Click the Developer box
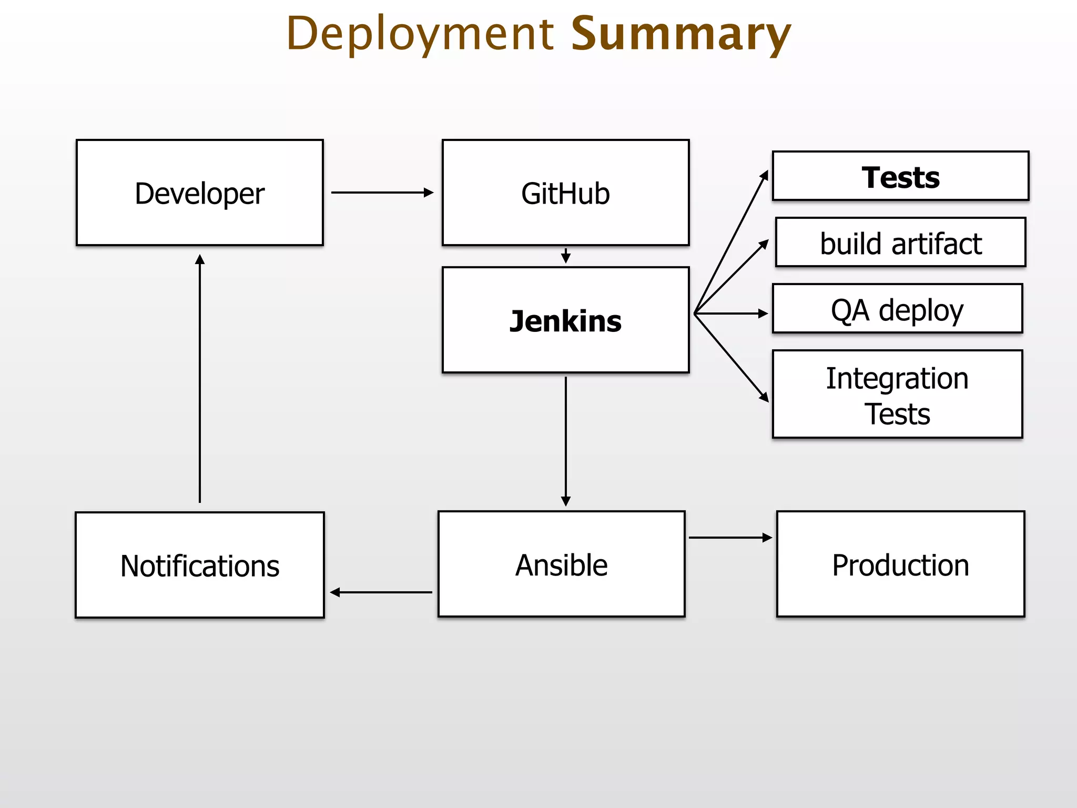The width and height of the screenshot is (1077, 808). point(200,193)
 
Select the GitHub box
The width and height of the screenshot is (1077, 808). point(565,193)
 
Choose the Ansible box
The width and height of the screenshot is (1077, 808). point(561,564)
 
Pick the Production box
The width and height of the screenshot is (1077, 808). point(900,564)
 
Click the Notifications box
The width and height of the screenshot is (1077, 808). point(200,565)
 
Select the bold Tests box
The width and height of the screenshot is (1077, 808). point(900,176)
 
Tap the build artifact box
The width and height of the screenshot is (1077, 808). point(900,243)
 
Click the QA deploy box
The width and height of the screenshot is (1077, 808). point(897,309)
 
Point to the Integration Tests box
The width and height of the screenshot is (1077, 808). point(897,394)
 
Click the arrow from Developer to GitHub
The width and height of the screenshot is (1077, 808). point(382,193)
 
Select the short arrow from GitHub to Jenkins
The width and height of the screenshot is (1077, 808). point(566,256)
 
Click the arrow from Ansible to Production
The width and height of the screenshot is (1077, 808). point(730,538)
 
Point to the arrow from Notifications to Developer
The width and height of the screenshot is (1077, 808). point(200,379)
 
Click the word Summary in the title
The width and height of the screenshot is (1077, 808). point(680,34)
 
